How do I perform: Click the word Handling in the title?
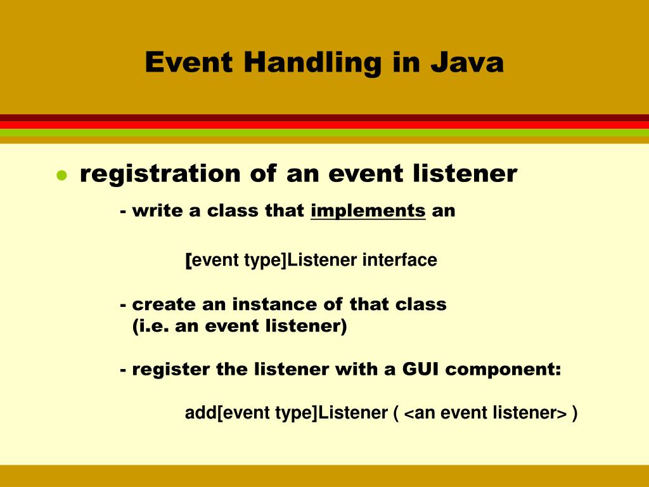[313, 63]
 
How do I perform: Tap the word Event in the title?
[190, 63]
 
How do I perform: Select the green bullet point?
[61, 176]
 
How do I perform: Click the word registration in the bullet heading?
[160, 174]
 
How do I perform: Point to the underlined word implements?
[368, 211]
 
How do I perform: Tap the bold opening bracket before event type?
[188, 260]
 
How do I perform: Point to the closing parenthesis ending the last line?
[574, 413]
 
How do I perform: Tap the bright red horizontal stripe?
[324, 125]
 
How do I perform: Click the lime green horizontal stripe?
[324, 133]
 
